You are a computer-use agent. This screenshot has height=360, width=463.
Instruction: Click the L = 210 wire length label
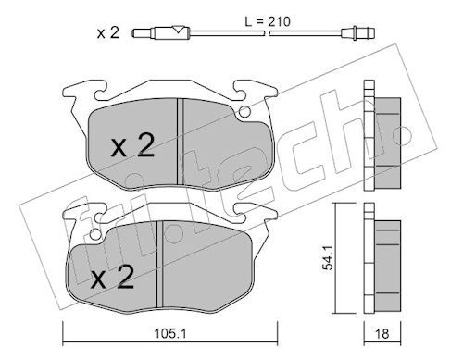point(268,21)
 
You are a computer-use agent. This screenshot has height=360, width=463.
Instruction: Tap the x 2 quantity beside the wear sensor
point(107,32)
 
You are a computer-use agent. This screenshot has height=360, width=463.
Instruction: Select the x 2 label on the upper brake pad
point(132,146)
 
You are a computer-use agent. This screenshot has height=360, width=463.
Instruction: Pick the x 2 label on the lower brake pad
point(113,278)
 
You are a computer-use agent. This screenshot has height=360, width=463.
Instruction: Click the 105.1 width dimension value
point(170,333)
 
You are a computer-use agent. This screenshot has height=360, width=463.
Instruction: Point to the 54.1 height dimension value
point(327,257)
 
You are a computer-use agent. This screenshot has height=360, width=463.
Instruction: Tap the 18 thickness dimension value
point(382,333)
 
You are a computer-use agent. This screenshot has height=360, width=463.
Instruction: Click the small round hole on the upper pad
point(245,111)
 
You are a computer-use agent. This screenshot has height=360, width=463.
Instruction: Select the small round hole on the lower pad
point(96,233)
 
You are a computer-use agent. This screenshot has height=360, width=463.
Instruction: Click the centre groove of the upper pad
point(180,142)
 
